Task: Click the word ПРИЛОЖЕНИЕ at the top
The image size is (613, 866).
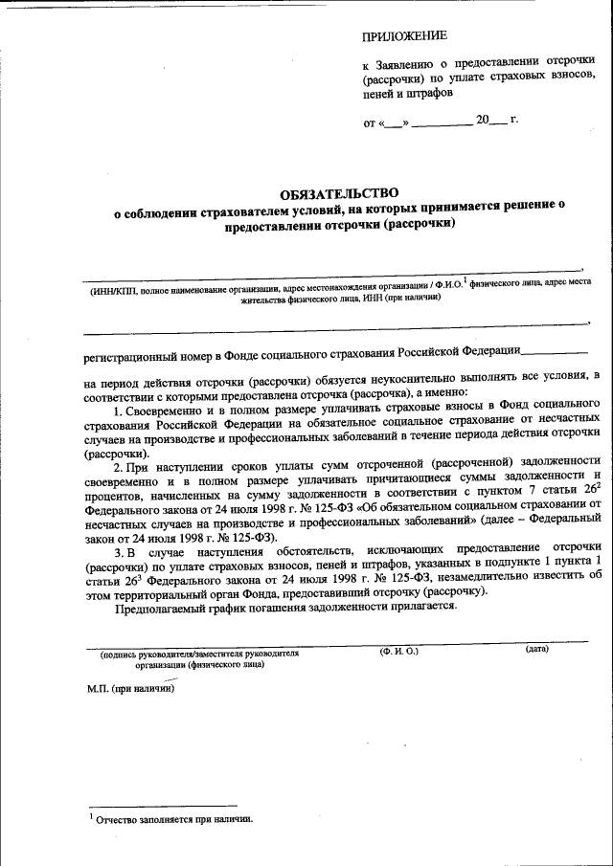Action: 404,37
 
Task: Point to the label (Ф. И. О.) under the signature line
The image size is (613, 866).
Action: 398,651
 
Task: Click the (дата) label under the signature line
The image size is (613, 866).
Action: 536,650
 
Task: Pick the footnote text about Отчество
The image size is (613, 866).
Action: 172,819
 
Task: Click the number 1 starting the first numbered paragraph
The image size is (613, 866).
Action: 117,407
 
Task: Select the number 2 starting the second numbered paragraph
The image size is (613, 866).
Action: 117,466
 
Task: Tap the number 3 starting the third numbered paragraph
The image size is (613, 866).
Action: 117,553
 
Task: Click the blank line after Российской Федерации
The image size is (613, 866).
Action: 555,352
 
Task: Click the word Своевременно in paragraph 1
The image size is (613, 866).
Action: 166,407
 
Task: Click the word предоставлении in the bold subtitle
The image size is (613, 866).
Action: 277,224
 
